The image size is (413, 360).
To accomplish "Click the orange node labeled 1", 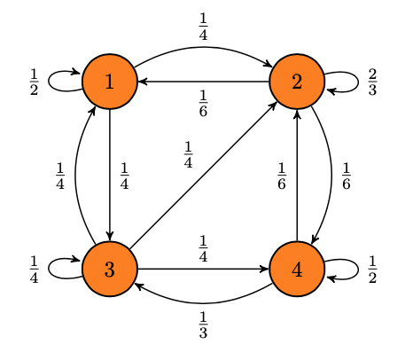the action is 110,82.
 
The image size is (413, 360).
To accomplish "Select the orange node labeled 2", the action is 297,82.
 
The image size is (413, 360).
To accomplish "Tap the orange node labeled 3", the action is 110,269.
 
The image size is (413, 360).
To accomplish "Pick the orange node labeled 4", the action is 297,269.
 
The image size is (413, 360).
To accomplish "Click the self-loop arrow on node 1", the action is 49,82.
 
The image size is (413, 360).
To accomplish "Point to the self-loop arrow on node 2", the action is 358,82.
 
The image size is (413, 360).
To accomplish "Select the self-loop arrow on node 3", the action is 49,269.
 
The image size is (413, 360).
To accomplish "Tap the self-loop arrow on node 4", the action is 358,270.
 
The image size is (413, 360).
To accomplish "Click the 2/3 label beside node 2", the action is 372,82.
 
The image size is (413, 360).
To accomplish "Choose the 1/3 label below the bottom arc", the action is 203,325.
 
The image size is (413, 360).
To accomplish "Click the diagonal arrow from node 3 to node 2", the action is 203,176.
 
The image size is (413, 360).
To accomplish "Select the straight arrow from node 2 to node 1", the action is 204,82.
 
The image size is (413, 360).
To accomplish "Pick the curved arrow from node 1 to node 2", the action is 203,47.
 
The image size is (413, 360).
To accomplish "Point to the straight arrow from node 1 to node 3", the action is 110,175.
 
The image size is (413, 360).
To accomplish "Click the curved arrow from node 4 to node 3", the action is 203,303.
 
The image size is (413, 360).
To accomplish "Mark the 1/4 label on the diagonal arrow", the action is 188,154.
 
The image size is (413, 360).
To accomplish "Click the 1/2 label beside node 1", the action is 34,82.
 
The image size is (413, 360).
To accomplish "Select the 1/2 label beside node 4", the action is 372,270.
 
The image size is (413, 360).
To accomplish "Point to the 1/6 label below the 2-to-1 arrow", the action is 203,104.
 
